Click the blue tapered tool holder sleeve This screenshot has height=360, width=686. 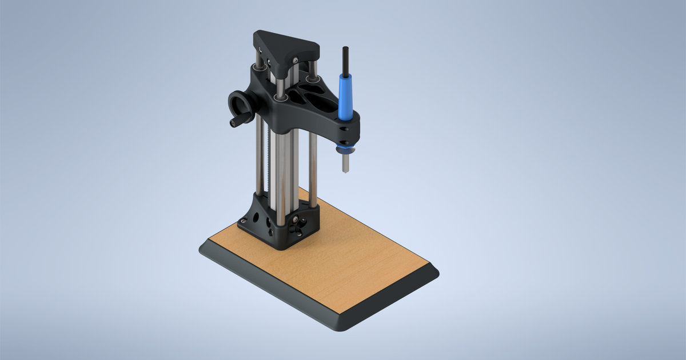(345, 97)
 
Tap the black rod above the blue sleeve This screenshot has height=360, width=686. (345, 59)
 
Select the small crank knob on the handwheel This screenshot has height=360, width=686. (234, 122)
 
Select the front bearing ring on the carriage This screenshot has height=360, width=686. (281, 98)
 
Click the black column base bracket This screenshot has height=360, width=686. (280, 223)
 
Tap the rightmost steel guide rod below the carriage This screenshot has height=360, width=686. (313, 166)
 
